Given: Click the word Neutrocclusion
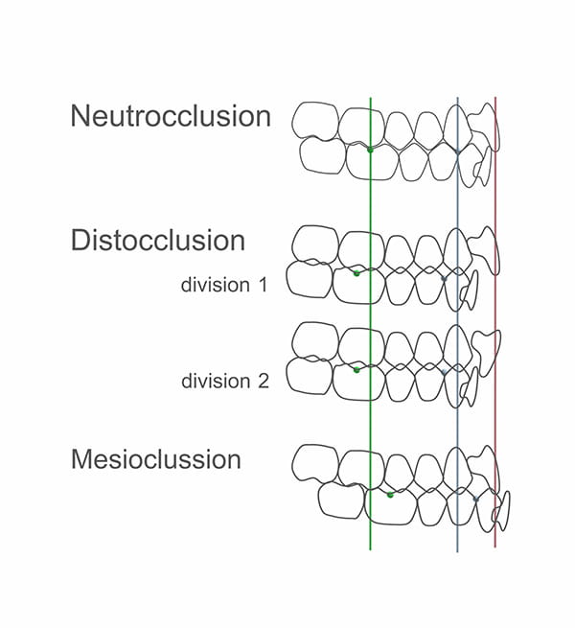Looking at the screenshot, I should [171, 116].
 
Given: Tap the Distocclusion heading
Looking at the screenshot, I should [157, 240].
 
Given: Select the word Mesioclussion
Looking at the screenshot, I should [156, 458].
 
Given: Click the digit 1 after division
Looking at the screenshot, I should [261, 285].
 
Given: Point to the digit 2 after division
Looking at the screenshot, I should [262, 381].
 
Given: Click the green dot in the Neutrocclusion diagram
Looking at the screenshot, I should [370, 150].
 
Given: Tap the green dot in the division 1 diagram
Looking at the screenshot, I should [356, 273].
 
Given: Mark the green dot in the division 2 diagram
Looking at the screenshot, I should [356, 369].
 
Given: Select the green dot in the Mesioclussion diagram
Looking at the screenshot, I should [390, 495].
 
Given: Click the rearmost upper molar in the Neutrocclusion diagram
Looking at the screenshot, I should [314, 122].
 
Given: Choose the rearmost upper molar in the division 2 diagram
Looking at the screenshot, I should [313, 339].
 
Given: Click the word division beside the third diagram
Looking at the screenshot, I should [215, 381].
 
